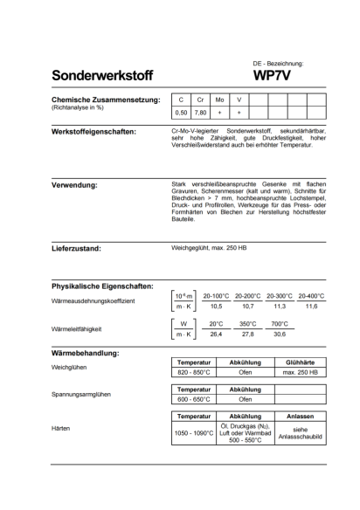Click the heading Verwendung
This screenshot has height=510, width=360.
75,185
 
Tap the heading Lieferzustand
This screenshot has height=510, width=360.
81,248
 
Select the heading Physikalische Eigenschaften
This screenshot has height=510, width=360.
104,286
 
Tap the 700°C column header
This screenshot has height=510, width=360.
280,324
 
